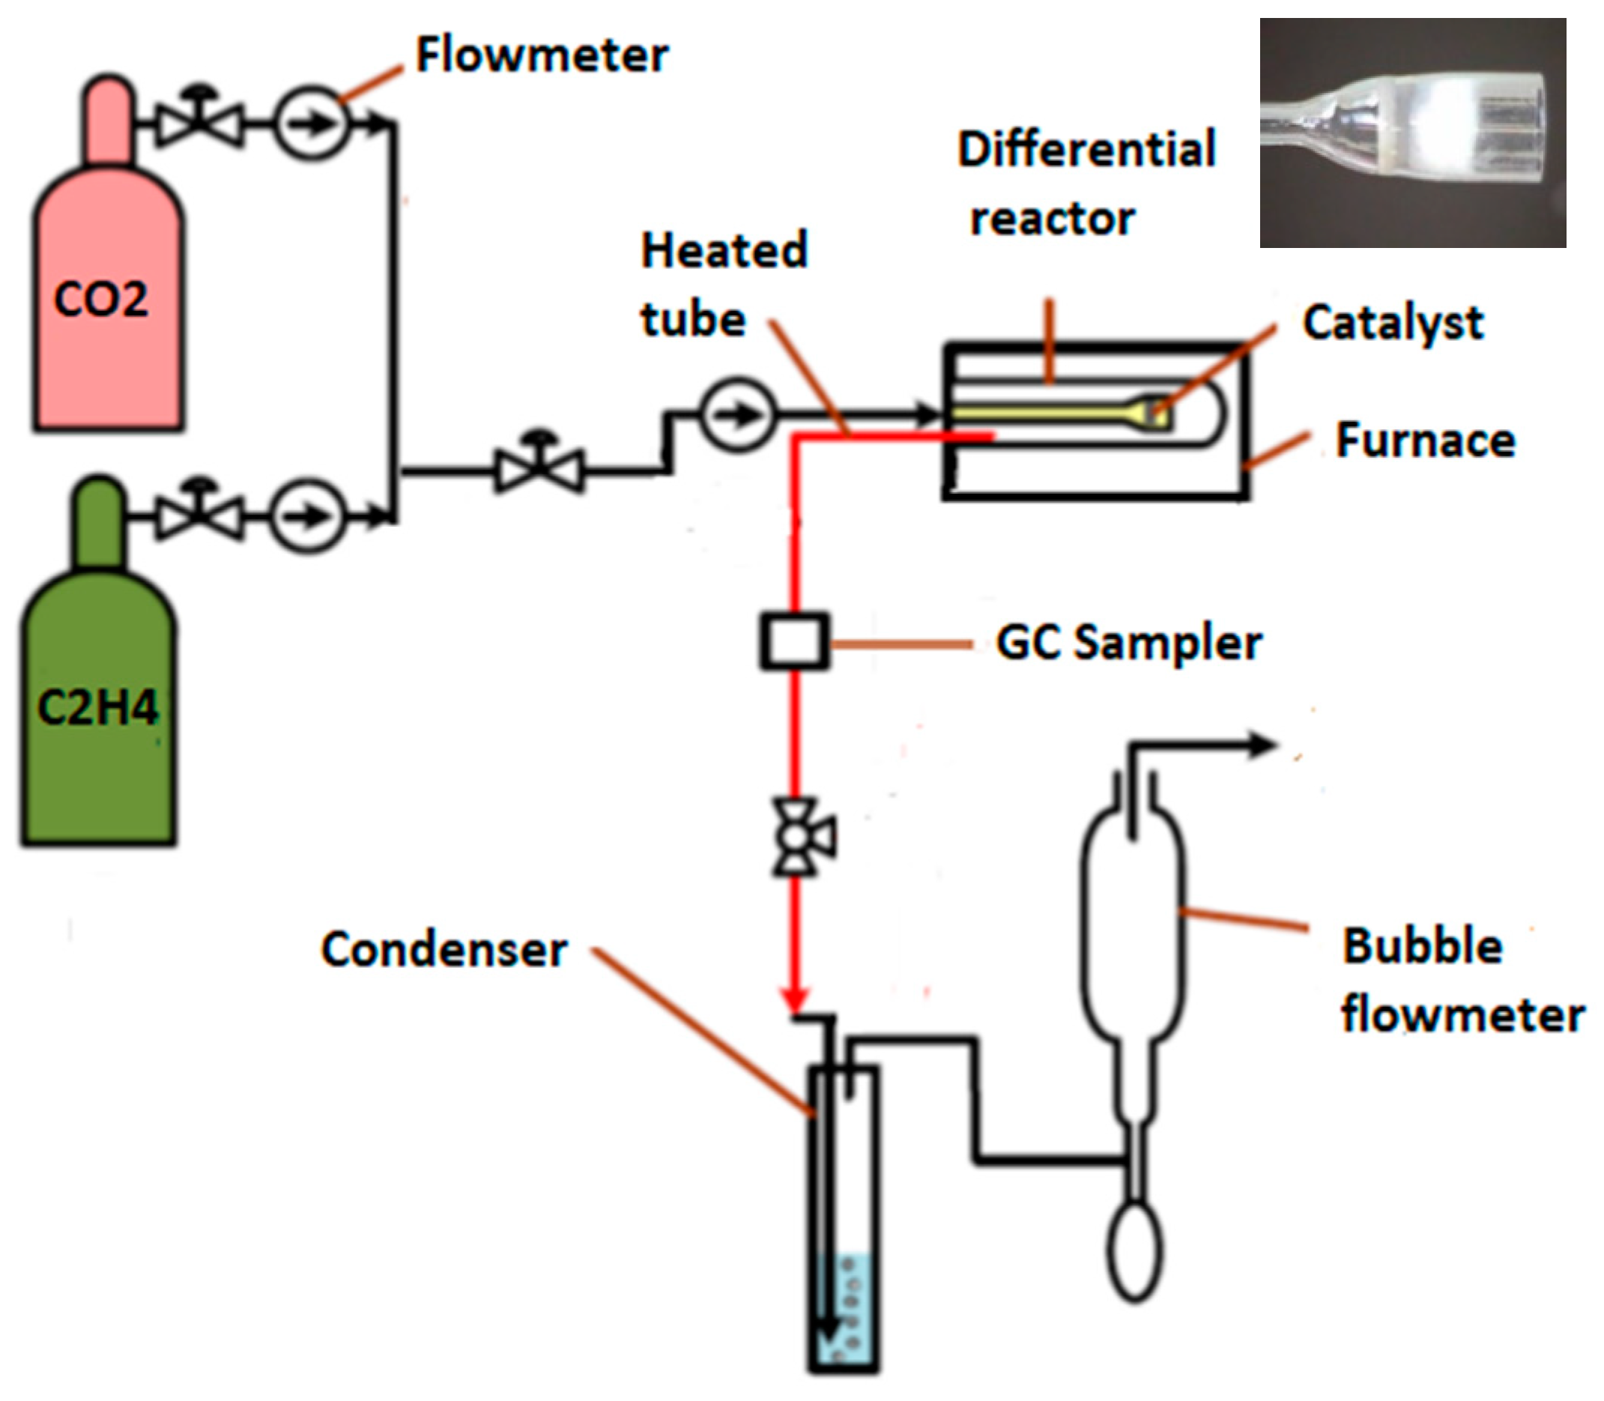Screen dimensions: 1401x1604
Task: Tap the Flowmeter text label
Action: coord(542,55)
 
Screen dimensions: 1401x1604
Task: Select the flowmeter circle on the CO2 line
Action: coord(310,124)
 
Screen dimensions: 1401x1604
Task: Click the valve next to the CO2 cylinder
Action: coord(200,124)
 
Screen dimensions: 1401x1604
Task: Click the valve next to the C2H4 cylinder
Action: coord(200,516)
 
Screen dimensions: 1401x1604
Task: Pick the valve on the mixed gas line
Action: coord(539,470)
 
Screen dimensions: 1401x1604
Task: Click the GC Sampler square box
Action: coord(794,642)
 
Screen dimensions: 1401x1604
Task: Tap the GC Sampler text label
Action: coord(1129,644)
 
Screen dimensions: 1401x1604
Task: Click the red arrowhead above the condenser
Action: coord(795,1000)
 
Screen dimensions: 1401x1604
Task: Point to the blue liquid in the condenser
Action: coord(844,1313)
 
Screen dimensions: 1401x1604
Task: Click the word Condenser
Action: coord(444,950)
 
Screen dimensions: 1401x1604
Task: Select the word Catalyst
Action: coord(1392,323)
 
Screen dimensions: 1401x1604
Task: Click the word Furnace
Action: coord(1425,441)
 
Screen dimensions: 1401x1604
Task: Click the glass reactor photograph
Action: coord(1412,133)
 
